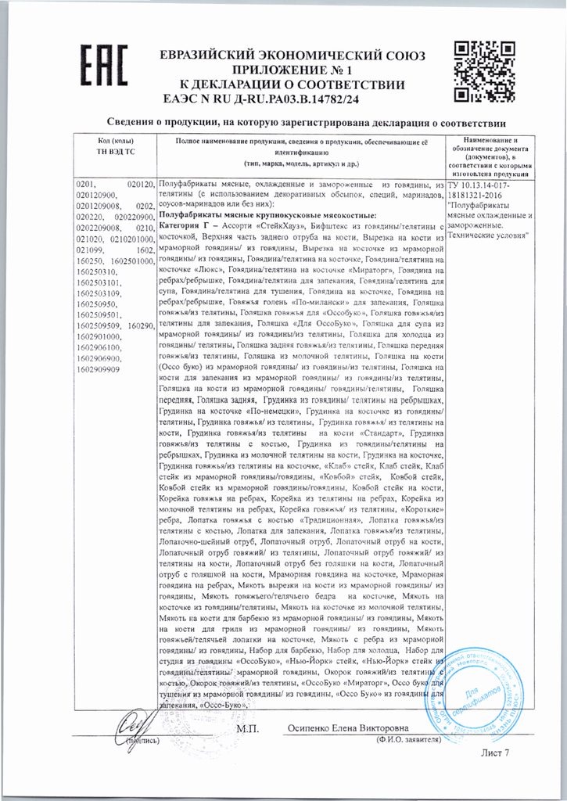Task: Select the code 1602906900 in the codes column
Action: coord(98,357)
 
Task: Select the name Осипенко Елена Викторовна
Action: coord(354,727)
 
